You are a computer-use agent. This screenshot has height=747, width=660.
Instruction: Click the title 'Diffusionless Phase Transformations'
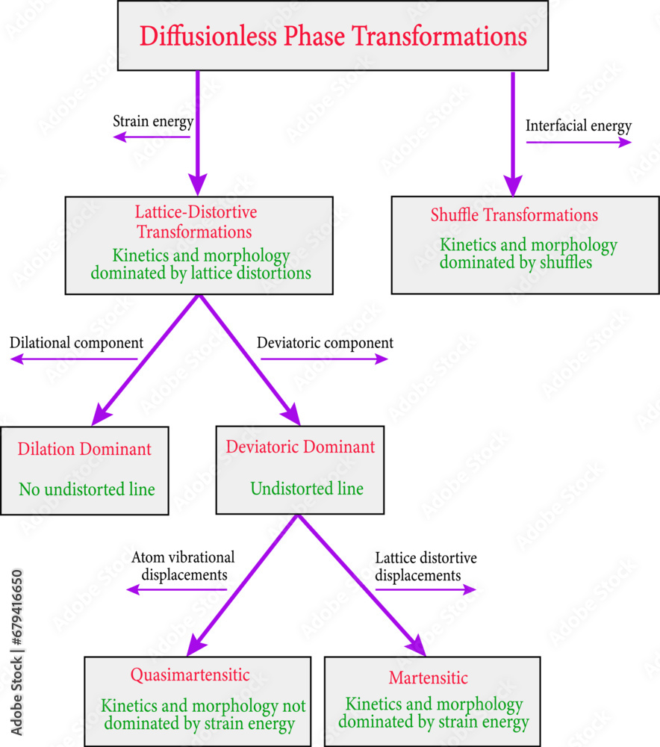[333, 37]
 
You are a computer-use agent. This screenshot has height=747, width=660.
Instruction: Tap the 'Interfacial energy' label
[579, 125]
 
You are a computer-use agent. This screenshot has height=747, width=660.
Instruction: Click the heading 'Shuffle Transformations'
[514, 215]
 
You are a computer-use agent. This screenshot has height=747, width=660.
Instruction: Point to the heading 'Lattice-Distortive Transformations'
[196, 222]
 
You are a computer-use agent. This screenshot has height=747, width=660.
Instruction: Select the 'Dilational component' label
[76, 343]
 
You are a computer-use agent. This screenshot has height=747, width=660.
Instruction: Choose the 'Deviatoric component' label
[325, 343]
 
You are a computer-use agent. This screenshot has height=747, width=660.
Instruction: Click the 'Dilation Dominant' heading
[84, 449]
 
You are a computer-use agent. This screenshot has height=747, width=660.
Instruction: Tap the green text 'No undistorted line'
[87, 490]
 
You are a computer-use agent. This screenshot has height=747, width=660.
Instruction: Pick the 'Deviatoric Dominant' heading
[300, 447]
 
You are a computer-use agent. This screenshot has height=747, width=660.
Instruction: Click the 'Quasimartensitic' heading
[190, 675]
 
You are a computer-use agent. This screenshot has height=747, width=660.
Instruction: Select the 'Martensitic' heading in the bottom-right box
[429, 678]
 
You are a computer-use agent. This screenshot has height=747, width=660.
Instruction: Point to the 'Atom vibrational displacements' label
[183, 566]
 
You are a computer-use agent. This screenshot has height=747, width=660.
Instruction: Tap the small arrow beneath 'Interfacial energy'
[579, 142]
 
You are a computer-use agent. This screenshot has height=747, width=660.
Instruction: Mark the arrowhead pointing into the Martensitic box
[415, 644]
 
